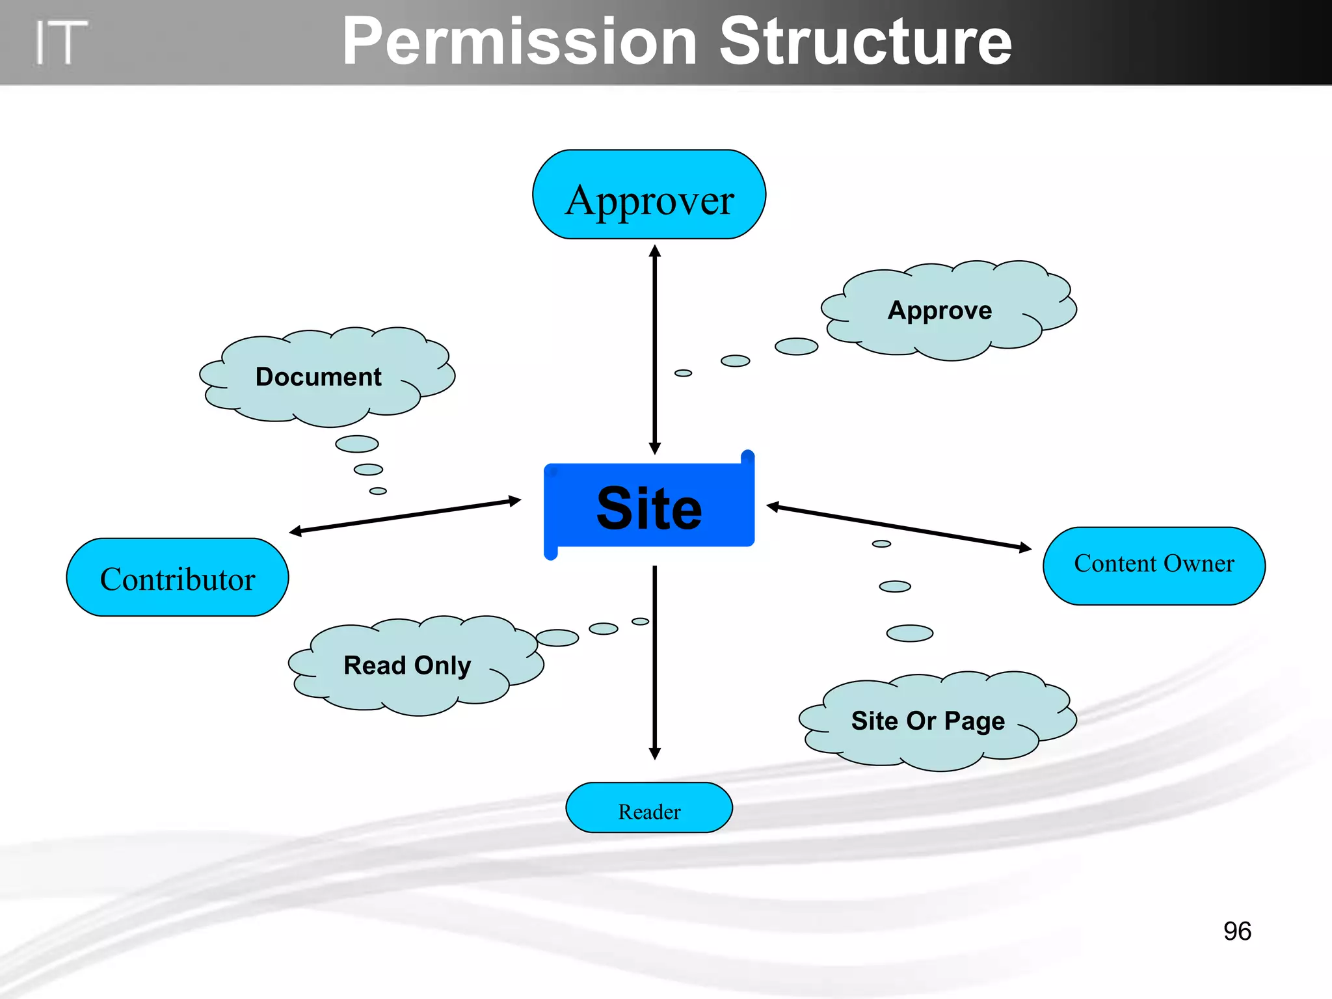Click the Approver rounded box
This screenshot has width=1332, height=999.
[649, 195]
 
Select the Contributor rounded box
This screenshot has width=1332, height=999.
[178, 578]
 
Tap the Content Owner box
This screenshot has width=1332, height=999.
[1154, 566]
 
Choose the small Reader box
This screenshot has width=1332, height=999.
[649, 808]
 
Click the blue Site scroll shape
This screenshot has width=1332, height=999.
[649, 507]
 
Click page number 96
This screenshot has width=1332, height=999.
[1237, 931]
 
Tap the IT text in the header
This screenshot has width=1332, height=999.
[60, 43]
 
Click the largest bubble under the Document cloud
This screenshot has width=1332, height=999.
[357, 444]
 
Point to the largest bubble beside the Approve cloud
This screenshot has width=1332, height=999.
[796, 347]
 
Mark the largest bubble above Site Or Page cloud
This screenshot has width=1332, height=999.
[909, 633]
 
